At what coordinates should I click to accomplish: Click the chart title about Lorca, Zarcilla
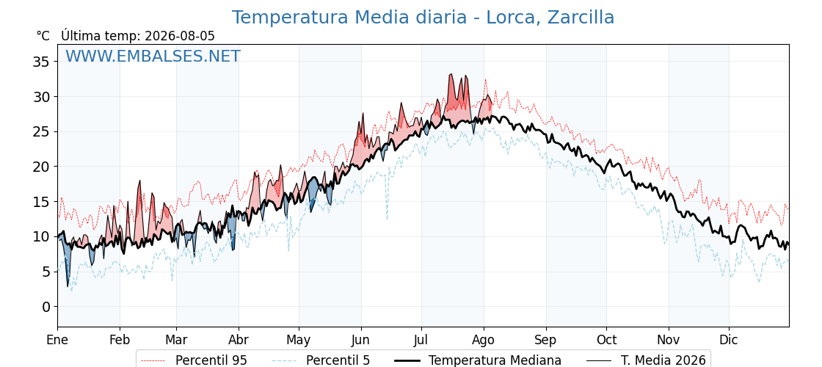click(423, 18)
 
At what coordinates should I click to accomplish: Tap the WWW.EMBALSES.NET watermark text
click(153, 56)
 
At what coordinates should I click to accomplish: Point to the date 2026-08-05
click(180, 36)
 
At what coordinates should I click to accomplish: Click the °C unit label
click(43, 36)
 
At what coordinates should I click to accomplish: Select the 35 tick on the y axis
click(41, 62)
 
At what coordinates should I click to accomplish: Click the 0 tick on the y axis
click(46, 306)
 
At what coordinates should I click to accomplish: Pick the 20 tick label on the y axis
click(41, 167)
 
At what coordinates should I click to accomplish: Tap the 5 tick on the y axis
click(46, 272)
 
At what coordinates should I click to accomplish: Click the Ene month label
click(57, 341)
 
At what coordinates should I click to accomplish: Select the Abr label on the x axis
click(239, 341)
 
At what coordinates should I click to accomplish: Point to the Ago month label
click(484, 341)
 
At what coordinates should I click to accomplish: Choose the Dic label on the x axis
click(729, 341)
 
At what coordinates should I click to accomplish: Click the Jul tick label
click(421, 341)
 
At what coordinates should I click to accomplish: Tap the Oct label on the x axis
click(606, 341)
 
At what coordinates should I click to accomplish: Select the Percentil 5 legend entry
click(321, 360)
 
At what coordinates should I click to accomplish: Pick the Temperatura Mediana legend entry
click(477, 360)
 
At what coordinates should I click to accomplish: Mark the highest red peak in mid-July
click(451, 74)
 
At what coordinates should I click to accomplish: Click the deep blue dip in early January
click(68, 286)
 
